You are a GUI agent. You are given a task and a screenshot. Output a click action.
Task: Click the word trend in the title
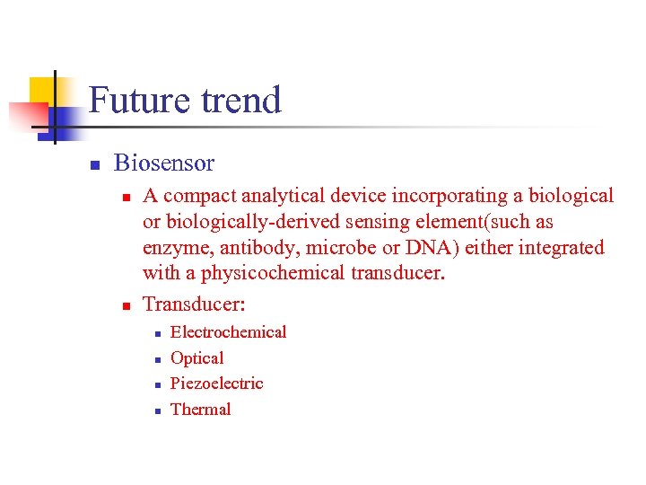pyautogui.click(x=239, y=100)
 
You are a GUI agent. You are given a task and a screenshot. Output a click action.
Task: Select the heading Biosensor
pyautogui.click(x=164, y=163)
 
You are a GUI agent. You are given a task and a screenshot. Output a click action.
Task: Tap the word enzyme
pyautogui.click(x=174, y=248)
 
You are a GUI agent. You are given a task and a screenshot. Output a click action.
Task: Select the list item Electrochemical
pyautogui.click(x=228, y=332)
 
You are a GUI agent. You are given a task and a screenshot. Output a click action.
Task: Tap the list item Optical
pyautogui.click(x=196, y=358)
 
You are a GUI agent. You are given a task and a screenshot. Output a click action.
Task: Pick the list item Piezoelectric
pyautogui.click(x=216, y=384)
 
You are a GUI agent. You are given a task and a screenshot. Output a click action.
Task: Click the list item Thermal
pyautogui.click(x=200, y=410)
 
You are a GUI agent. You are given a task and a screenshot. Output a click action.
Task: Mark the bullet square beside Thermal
pyautogui.click(x=155, y=410)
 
